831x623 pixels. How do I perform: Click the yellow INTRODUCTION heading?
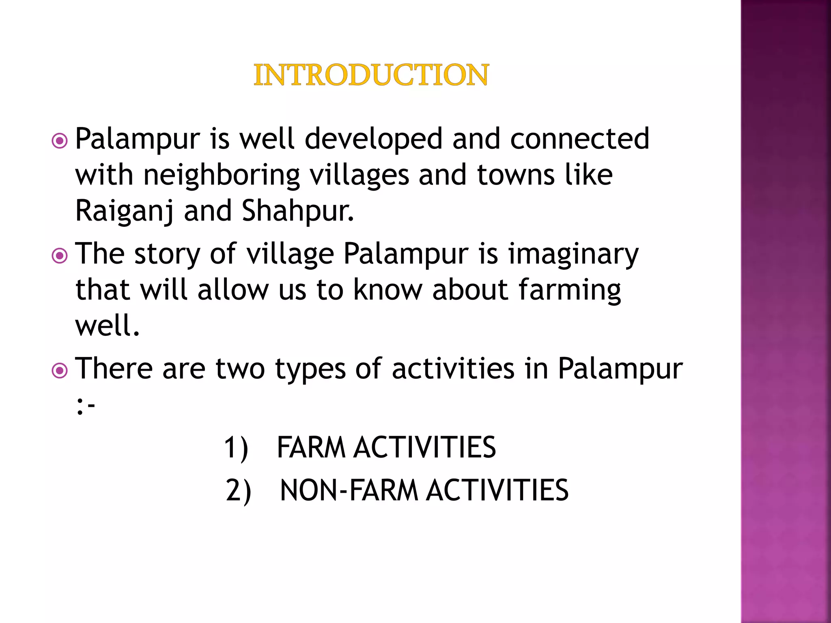point(371,75)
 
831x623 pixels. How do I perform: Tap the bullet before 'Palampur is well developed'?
point(60,141)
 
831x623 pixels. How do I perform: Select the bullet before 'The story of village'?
point(60,256)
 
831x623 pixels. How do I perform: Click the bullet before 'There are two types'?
point(60,371)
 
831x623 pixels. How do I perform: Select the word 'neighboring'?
point(222,176)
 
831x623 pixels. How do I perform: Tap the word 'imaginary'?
point(573,255)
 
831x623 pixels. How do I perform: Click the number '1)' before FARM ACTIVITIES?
point(236,448)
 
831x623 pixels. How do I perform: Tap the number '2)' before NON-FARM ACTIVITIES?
point(239,491)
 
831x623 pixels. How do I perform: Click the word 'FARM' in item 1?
point(311,447)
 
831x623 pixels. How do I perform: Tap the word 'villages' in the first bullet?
point(359,176)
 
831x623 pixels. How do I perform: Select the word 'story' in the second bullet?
point(167,255)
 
